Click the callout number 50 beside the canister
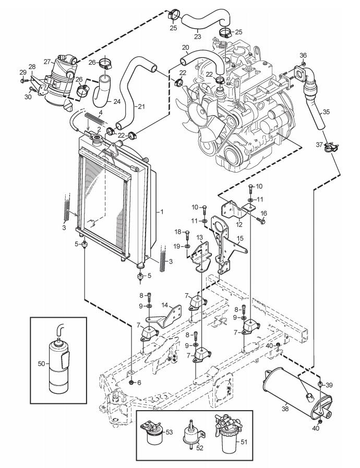[x=42, y=364]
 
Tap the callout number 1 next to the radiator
[x=162, y=212]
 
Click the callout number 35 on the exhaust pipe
[x=326, y=112]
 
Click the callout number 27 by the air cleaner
[x=47, y=62]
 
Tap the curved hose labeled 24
[x=101, y=91]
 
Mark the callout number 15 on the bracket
[x=240, y=238]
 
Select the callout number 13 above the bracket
[x=199, y=237]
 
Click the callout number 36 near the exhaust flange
[x=303, y=55]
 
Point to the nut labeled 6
[x=131, y=382]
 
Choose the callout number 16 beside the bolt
[x=263, y=213]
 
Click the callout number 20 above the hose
[x=185, y=47]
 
